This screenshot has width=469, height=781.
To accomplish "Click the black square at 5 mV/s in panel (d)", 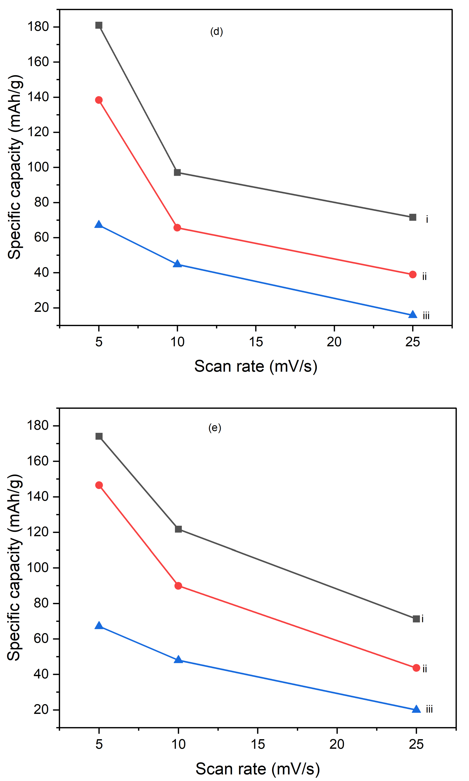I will pos(99,25).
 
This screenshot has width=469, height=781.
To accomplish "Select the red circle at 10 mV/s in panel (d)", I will pos(177,228).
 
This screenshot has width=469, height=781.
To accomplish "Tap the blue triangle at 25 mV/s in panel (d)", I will pos(413,315).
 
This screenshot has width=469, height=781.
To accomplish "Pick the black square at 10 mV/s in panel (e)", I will pos(178,529).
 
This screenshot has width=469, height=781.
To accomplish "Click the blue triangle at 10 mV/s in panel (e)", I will pos(178,659).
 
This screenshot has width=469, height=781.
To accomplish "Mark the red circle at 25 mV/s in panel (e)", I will pos(416,668).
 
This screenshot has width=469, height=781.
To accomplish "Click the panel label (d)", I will pos(217,32).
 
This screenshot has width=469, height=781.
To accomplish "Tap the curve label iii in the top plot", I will pos(426,316).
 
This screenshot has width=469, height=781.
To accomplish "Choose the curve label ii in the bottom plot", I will pos(425,669).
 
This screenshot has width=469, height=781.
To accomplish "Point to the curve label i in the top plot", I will pos(427,219).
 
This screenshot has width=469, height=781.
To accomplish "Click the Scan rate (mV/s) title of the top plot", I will pos(256,366).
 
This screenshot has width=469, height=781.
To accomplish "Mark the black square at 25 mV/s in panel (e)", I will pos(416,619).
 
